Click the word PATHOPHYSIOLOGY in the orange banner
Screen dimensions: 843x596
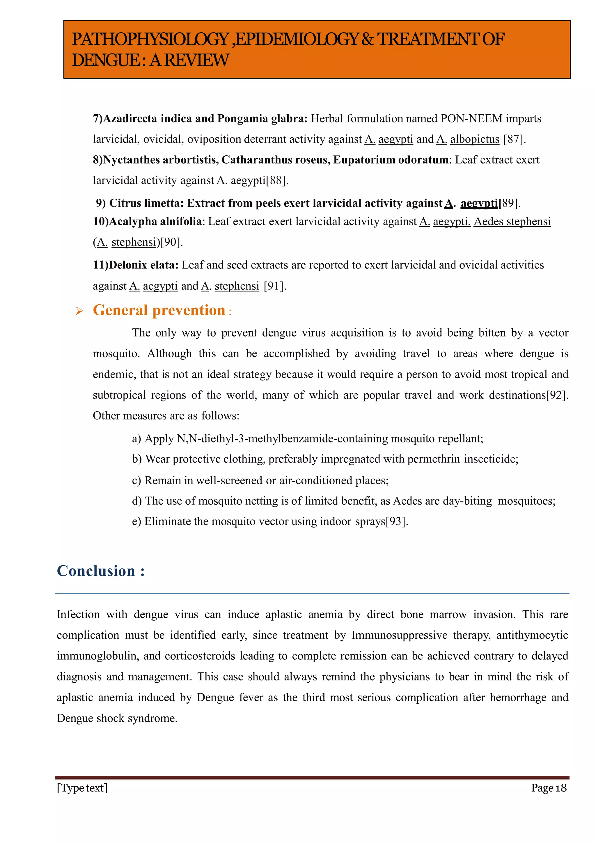pyautogui.click(x=150, y=40)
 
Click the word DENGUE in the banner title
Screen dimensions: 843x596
pyautogui.click(x=106, y=61)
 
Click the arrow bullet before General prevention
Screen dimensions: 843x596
pyautogui.click(x=79, y=311)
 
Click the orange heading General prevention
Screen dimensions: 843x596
pyautogui.click(x=159, y=310)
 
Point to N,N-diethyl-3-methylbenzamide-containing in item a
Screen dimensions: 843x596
pyautogui.click(x=282, y=438)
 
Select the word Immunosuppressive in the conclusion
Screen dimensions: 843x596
pyautogui.click(x=399, y=635)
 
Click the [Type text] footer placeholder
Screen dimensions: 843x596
pyautogui.click(x=82, y=788)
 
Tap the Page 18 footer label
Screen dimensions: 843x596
pyautogui.click(x=549, y=788)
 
